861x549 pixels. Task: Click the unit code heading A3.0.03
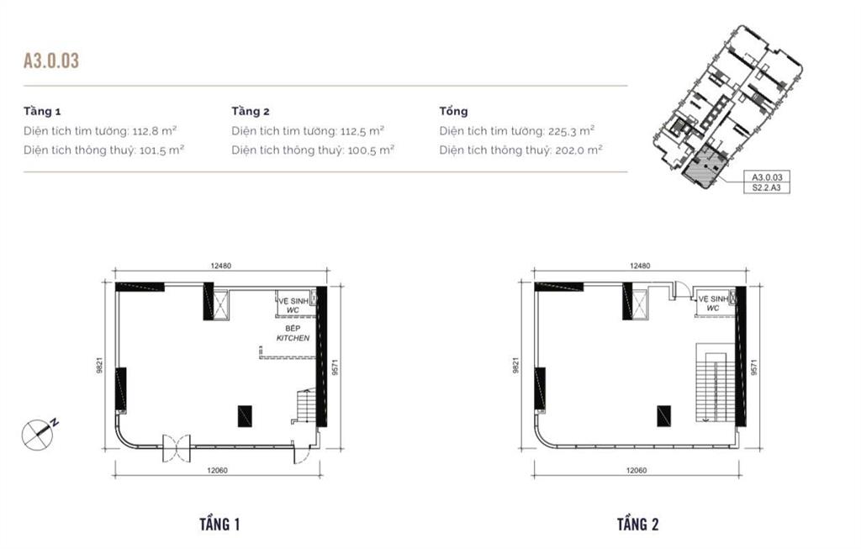click(51, 61)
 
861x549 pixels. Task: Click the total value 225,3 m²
click(573, 130)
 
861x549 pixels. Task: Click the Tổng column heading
click(453, 111)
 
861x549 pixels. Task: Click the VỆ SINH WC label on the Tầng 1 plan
click(293, 304)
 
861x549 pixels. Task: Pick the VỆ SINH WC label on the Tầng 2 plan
click(712, 304)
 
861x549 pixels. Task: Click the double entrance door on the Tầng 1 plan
click(176, 446)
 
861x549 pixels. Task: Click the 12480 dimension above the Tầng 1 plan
click(220, 267)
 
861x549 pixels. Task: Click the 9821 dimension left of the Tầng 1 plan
click(100, 367)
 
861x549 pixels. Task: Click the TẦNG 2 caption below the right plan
click(637, 525)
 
